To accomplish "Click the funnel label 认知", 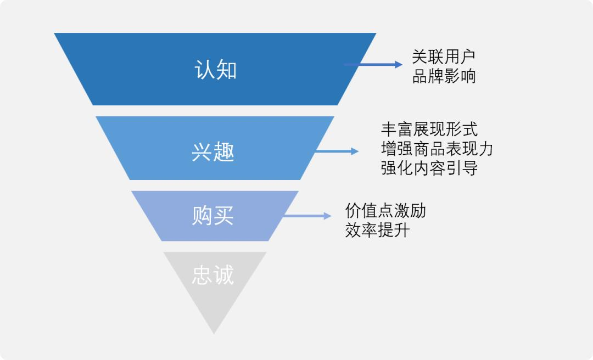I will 215,70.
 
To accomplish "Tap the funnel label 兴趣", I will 213,152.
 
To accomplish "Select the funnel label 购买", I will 213,216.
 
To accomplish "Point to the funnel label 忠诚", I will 213,275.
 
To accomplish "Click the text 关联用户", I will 444,57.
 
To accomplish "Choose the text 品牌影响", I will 444,76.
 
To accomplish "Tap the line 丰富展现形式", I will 429,129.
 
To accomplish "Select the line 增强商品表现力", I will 437,149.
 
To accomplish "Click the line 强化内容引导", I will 429,168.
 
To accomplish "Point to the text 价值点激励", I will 385,210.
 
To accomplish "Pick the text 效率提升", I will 377,230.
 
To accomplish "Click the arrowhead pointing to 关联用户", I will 399,65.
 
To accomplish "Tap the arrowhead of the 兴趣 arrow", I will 355,151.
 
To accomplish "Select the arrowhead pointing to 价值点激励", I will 328,216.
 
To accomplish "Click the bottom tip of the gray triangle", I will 214,332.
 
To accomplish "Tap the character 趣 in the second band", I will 224,152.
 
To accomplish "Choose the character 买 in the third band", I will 224,216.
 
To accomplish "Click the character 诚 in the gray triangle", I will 224,275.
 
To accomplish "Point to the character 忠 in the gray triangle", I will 202,275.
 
